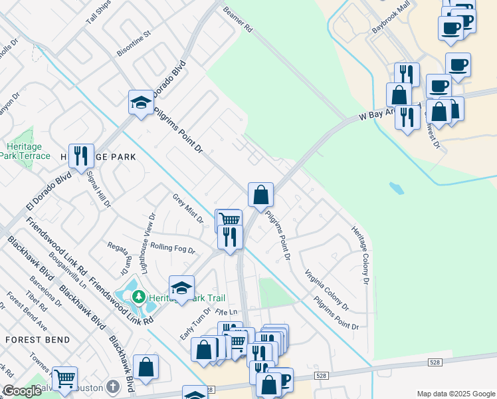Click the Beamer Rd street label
(x=239, y=21)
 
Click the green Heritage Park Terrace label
(x=28, y=151)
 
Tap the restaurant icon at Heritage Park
(x=81, y=157)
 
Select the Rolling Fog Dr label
(x=172, y=248)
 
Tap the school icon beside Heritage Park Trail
(x=181, y=289)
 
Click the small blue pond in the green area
(x=396, y=188)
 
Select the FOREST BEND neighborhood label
(x=37, y=340)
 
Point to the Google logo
(x=22, y=392)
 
